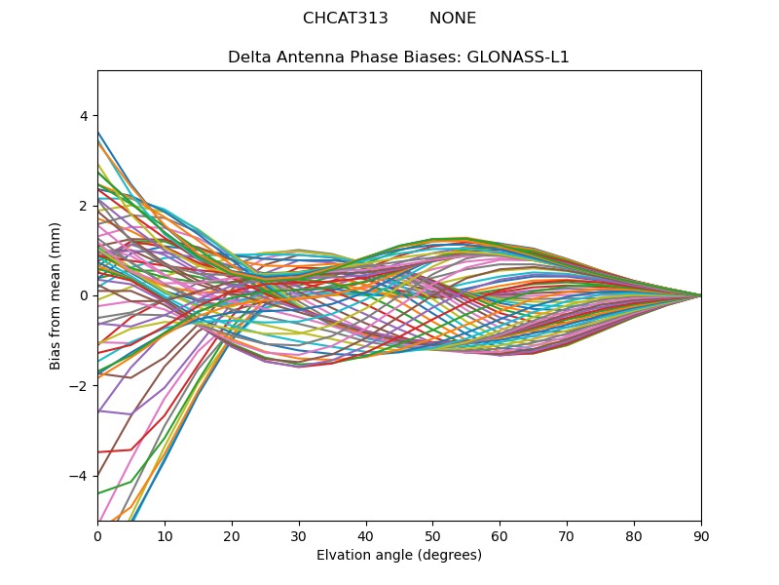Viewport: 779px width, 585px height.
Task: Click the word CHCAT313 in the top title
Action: point(345,19)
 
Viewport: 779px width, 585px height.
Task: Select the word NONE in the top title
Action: point(453,19)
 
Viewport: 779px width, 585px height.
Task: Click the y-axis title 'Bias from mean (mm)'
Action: point(56,295)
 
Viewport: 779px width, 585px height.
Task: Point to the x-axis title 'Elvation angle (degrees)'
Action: point(399,556)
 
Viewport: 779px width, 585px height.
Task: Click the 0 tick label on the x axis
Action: point(97,535)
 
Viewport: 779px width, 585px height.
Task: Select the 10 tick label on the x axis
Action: point(165,535)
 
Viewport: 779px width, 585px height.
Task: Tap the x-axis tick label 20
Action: point(232,535)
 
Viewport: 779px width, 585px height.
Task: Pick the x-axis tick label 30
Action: point(299,535)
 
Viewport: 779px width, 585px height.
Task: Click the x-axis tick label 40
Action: point(366,535)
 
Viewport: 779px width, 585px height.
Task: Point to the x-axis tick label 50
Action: point(432,535)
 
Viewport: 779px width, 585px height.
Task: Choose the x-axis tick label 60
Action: point(500,535)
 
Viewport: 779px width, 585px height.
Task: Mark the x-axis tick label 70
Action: point(567,535)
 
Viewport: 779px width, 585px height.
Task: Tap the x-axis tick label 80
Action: point(634,535)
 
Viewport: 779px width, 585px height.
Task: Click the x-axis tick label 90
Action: point(701,535)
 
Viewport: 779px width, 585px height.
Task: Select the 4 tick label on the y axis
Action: point(83,116)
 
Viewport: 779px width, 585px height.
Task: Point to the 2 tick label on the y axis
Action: point(83,206)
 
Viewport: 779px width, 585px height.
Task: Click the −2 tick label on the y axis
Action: point(79,386)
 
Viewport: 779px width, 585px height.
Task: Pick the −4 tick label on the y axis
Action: point(79,476)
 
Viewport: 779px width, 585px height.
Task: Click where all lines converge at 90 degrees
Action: point(700,295)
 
